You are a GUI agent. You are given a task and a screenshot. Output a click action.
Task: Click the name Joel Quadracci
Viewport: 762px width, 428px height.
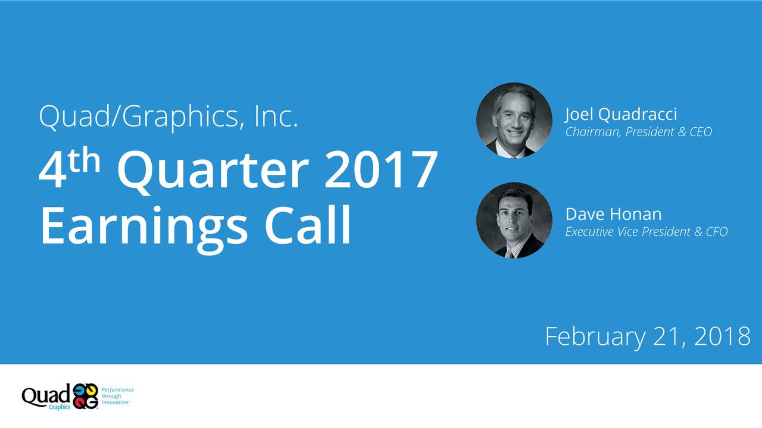[x=621, y=114]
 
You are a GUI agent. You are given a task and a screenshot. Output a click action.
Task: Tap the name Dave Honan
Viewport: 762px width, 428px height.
[x=613, y=214]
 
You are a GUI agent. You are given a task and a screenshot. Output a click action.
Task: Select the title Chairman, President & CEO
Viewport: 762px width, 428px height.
[x=638, y=132]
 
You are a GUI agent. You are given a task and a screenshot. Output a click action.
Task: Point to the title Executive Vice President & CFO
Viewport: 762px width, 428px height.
[x=646, y=232]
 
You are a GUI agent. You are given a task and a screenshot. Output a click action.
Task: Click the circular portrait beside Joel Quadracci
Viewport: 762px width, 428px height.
[x=514, y=121]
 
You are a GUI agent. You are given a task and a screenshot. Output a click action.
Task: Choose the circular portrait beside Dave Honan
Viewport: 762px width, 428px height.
[x=514, y=221]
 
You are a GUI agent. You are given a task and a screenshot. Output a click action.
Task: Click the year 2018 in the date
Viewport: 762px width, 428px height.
[x=722, y=336]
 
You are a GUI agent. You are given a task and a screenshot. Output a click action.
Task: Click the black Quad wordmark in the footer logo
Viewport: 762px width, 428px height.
[x=46, y=395]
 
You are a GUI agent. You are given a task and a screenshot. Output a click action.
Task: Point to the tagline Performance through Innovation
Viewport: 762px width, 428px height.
[x=117, y=396]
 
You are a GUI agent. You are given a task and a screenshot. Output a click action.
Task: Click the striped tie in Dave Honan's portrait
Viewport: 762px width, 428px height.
[x=510, y=252]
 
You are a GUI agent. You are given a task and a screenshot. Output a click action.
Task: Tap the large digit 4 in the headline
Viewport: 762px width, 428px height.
[x=52, y=171]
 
